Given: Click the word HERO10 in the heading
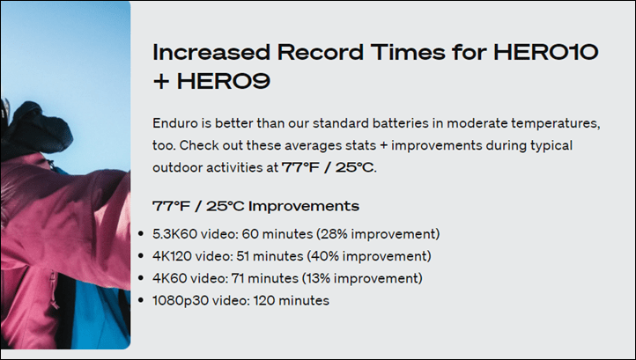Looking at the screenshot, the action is tap(546, 52).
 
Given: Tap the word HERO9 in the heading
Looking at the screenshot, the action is tap(224, 81).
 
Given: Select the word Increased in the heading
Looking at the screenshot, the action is tap(211, 52).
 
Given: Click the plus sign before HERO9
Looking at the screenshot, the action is tap(161, 82).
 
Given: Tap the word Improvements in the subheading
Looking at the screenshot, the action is tap(304, 206).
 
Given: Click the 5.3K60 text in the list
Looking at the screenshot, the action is tap(174, 234).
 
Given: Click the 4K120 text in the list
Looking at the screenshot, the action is tap(170, 256).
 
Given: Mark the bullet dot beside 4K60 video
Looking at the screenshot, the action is tap(141, 278).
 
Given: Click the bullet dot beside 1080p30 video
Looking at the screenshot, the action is tap(141, 300).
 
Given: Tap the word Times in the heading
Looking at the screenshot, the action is tap(408, 52).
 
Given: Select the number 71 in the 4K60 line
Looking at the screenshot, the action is tap(238, 278).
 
